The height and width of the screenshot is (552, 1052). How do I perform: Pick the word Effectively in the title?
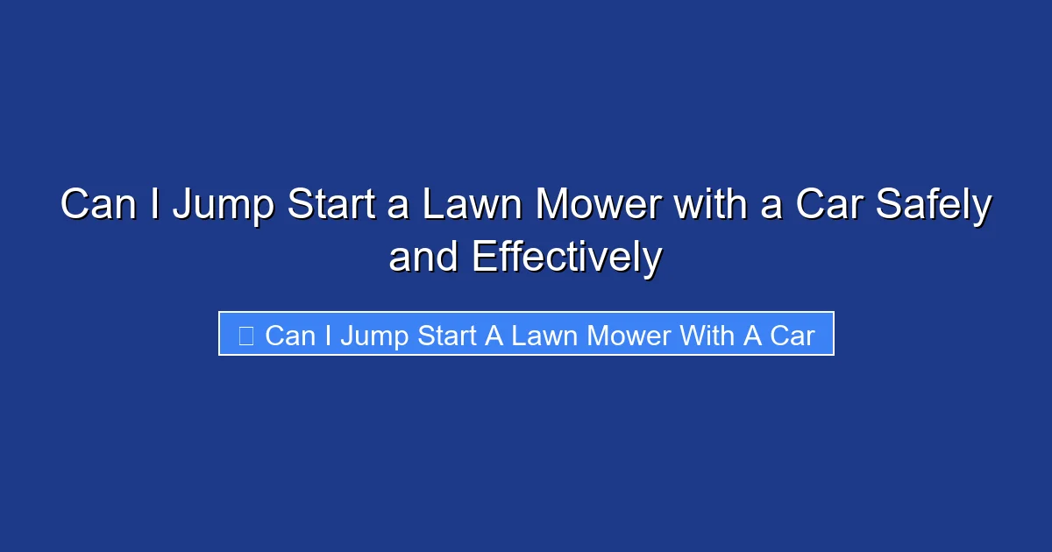point(566,258)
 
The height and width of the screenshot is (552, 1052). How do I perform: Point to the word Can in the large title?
point(96,205)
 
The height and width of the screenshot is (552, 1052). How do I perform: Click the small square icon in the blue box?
point(246,335)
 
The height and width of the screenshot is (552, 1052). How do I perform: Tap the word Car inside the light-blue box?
point(793,335)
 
